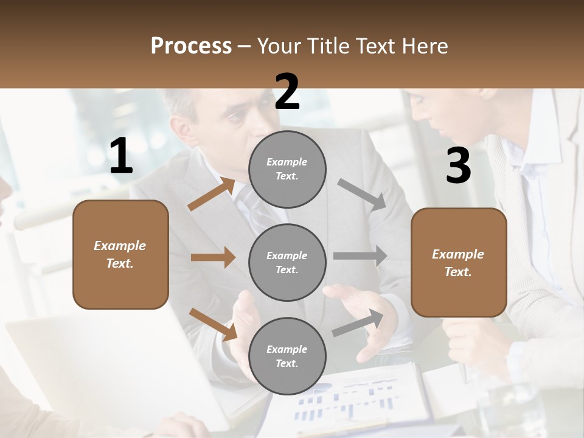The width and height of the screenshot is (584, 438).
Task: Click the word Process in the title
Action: pyautogui.click(x=191, y=46)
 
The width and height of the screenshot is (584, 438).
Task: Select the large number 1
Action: pyautogui.click(x=121, y=156)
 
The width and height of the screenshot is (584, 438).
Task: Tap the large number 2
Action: pyautogui.click(x=287, y=92)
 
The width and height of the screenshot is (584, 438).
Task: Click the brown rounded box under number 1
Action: pyautogui.click(x=120, y=254)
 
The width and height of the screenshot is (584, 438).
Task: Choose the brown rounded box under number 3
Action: pyautogui.click(x=459, y=263)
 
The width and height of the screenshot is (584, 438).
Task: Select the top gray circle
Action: pyautogui.click(x=287, y=169)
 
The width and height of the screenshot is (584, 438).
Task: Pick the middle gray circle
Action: pyautogui.click(x=287, y=262)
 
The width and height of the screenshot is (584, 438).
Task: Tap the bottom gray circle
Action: pyautogui.click(x=287, y=356)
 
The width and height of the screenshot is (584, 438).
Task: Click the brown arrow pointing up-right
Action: pyautogui.click(x=212, y=194)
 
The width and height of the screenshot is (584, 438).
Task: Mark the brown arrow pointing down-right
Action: pyautogui.click(x=213, y=324)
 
